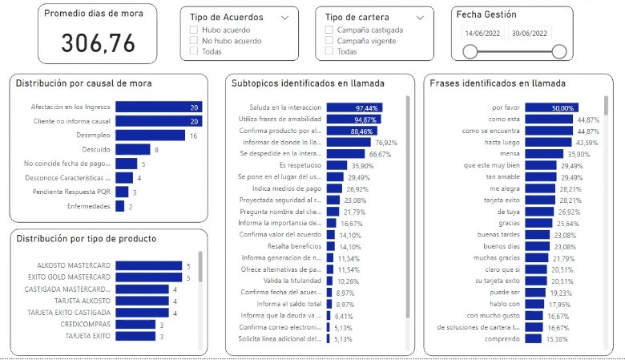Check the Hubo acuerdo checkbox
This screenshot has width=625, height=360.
pos(194,30)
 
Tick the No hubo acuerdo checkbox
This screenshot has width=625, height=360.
pos(194,40)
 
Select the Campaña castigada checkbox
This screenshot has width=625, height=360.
pos(329,30)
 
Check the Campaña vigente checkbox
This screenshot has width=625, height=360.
pos(329,40)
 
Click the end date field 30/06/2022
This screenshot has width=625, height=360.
pos(530,33)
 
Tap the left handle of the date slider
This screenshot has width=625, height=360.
pos(471,51)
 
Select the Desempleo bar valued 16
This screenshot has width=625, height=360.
pos(150,136)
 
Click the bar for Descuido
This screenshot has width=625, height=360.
pos(132,149)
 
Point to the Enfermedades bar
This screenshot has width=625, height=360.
pos(119,206)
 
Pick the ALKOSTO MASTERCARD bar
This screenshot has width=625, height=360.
pos(148,265)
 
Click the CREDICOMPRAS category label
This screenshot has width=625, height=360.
pos(88,324)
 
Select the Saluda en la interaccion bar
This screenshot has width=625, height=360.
pos(354,107)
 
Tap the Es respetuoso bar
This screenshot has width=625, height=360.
pos(337,165)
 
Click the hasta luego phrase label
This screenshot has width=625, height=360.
pos(504,142)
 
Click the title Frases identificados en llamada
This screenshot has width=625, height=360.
pos(497,83)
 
